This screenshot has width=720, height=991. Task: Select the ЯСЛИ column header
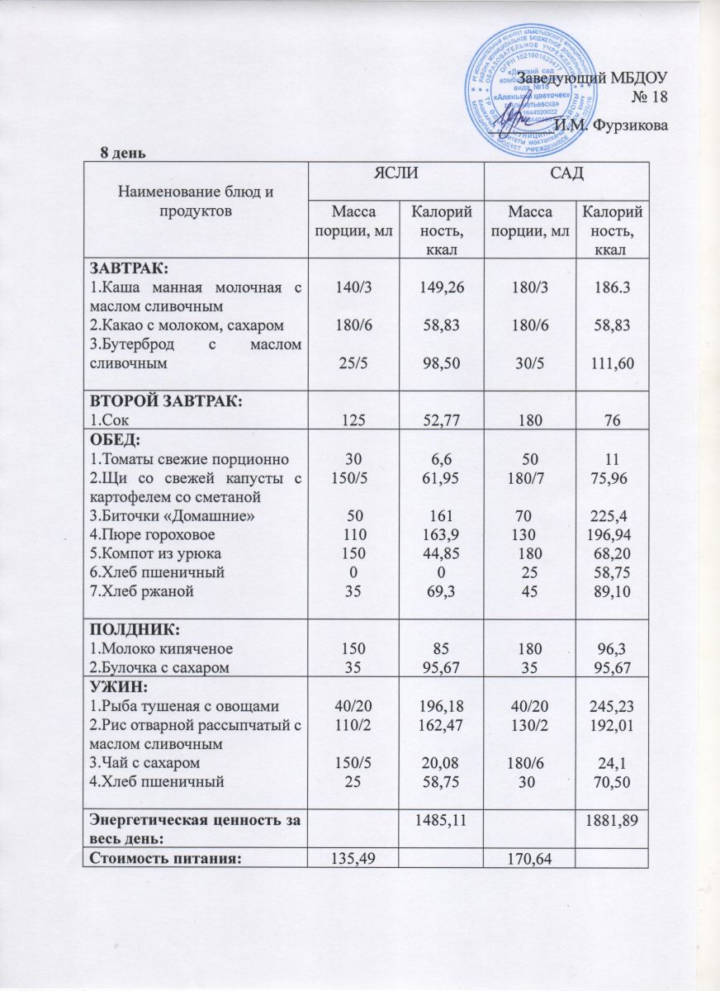(x=396, y=174)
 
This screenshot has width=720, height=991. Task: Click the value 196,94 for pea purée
(x=612, y=534)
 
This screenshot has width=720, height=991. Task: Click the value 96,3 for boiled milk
(x=612, y=649)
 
